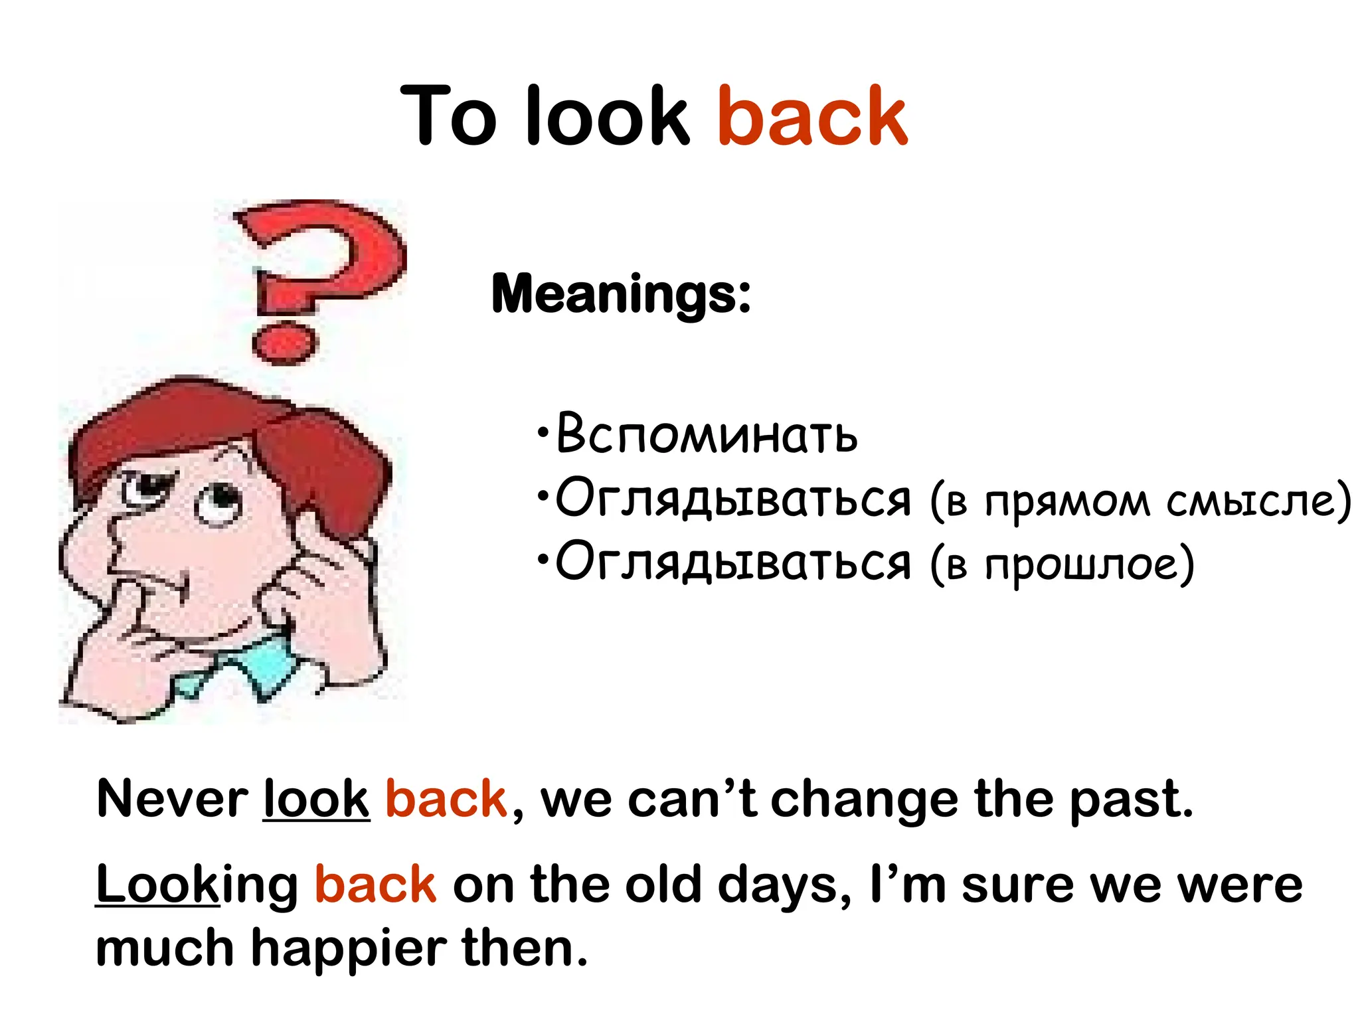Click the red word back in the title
click(811, 117)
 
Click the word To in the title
click(449, 117)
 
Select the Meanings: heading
click(621, 294)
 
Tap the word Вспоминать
click(707, 435)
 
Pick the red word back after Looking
click(375, 885)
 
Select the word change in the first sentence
click(864, 800)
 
